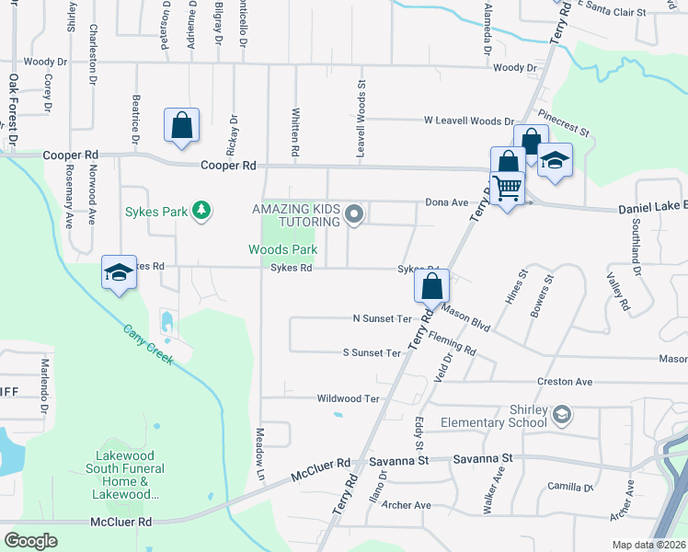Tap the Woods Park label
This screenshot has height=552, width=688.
pyautogui.click(x=282, y=249)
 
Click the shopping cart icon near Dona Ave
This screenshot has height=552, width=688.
pyautogui.click(x=508, y=189)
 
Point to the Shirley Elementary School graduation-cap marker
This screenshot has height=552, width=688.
pyautogui.click(x=560, y=416)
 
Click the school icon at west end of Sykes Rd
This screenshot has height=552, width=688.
pyautogui.click(x=119, y=272)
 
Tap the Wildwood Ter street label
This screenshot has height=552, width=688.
pyautogui.click(x=348, y=398)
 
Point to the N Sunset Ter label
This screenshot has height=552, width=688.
pyautogui.click(x=382, y=318)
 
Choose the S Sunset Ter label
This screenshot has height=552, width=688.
pyautogui.click(x=372, y=352)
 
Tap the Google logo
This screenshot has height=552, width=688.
pyautogui.click(x=31, y=540)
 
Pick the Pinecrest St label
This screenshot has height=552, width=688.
pyautogui.click(x=563, y=125)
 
